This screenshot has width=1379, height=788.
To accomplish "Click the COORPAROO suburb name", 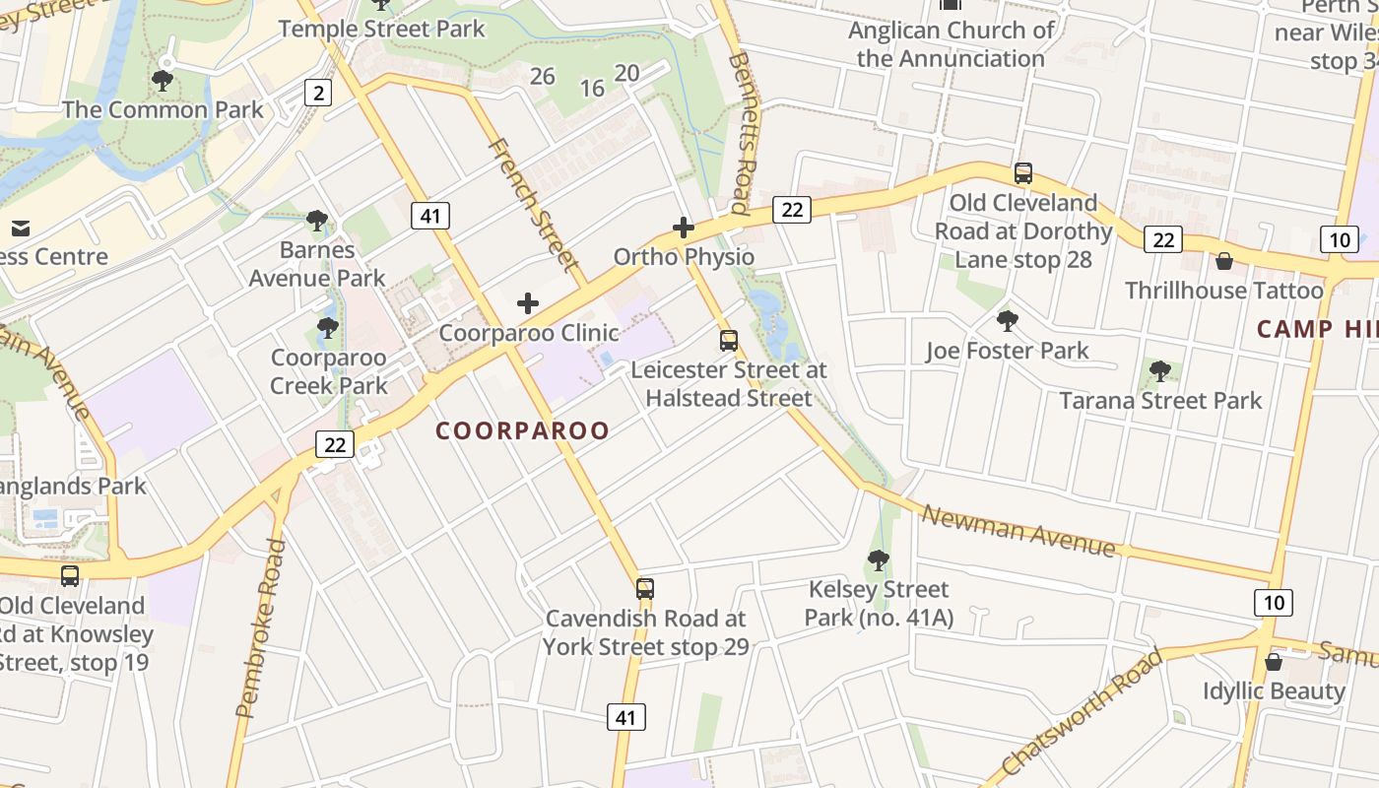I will pyautogui.click(x=522, y=430).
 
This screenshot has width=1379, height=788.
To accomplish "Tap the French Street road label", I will pyautogui.click(x=533, y=205).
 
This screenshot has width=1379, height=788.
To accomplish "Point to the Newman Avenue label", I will pyautogui.click(x=1018, y=531).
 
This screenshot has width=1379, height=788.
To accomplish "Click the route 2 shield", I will pyautogui.click(x=317, y=94).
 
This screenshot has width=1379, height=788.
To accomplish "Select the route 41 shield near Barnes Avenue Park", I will pyautogui.click(x=430, y=215).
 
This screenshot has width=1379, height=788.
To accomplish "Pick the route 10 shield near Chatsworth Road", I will pyautogui.click(x=1274, y=602).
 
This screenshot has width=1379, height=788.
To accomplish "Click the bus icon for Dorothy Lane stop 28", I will pyautogui.click(x=1023, y=173).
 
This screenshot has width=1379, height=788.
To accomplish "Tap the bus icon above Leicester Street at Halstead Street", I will pyautogui.click(x=728, y=341).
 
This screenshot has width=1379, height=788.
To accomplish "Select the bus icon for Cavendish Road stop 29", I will pyautogui.click(x=644, y=589).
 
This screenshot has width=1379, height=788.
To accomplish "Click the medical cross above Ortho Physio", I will pyautogui.click(x=683, y=228).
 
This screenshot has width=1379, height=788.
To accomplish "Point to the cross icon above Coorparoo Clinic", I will pyautogui.click(x=528, y=303).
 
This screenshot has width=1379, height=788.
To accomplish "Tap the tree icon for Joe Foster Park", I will pyautogui.click(x=1007, y=320).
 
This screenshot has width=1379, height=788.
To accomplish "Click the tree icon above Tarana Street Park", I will pyautogui.click(x=1160, y=371).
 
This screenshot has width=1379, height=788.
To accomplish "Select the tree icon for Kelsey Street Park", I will pyautogui.click(x=878, y=560).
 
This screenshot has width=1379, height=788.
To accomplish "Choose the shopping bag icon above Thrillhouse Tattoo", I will pyautogui.click(x=1223, y=261).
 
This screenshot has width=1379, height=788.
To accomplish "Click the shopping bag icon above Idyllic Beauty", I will pyautogui.click(x=1273, y=662).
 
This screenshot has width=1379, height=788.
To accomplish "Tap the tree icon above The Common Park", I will pyautogui.click(x=163, y=80).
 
